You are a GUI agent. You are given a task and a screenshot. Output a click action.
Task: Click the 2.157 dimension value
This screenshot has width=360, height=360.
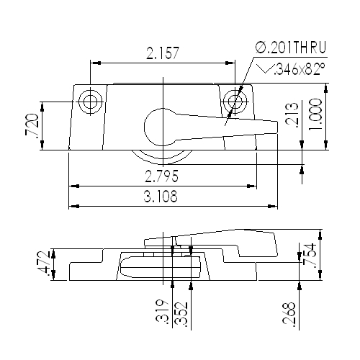pos(163,53)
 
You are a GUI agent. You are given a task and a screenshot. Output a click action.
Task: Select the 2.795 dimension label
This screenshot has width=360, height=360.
pos(163,176)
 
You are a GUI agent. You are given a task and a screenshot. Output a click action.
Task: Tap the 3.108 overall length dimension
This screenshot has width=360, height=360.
pos(163,197)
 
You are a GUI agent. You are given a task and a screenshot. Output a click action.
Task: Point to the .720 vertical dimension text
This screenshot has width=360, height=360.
pos(32,126)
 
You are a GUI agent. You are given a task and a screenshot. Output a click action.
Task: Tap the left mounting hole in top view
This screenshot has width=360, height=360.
pos(89,102)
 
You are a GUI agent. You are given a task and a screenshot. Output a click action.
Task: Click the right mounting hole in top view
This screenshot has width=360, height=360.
pos(234,102)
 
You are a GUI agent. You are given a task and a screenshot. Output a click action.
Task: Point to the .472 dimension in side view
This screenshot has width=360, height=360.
pos(45,264)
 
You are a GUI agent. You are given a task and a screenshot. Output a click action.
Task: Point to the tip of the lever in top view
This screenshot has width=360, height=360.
pos(276,127)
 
